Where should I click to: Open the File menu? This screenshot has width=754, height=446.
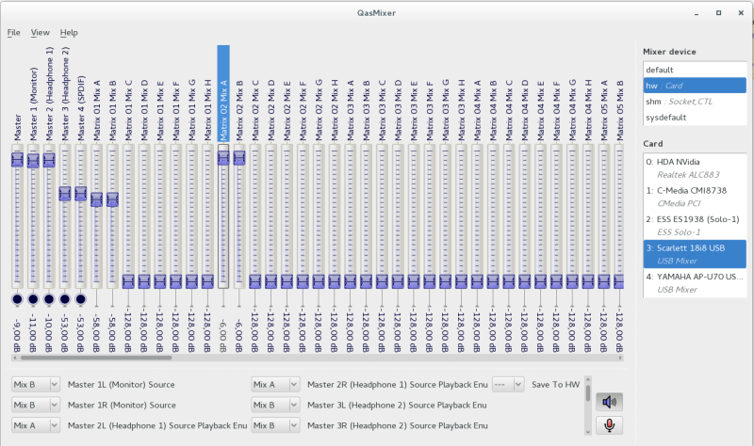13,32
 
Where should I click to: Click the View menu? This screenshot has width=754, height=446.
40,32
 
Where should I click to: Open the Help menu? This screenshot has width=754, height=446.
69,32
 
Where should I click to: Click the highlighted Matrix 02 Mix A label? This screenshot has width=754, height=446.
223,94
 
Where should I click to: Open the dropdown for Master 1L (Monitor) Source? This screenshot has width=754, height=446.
36,384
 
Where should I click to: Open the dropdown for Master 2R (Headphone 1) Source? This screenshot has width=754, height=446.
275,384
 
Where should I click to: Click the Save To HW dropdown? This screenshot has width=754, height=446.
508,384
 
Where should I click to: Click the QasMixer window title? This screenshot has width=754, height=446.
376,10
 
